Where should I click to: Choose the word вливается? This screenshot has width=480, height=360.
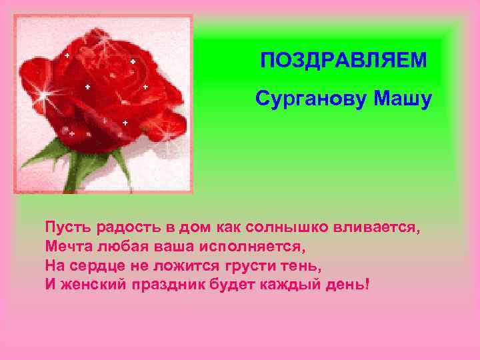(383, 227)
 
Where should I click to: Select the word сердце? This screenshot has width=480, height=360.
(100, 265)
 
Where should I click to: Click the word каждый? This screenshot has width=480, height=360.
(295, 285)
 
